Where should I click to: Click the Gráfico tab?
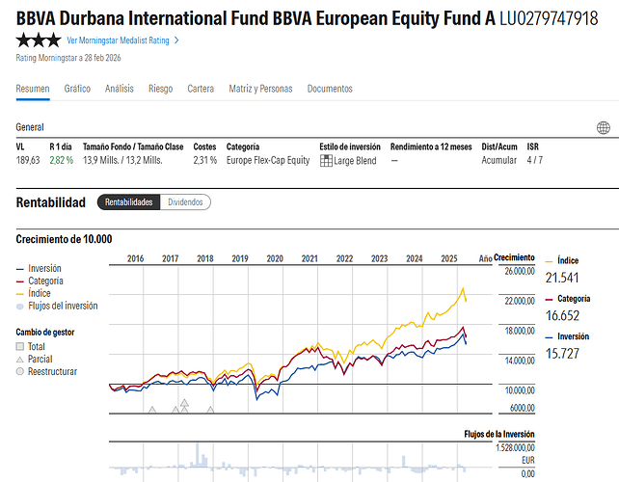coord(77,89)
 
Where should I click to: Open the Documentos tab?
coord(330,89)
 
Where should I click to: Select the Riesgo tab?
coord(161,89)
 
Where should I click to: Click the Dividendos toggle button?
coord(185,202)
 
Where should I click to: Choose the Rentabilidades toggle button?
coord(128,202)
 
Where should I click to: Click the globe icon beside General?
coord(604,127)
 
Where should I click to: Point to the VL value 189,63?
coord(28,160)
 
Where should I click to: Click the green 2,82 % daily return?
coord(62,160)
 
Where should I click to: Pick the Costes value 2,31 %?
coord(205,160)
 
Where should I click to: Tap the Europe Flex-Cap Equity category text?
coord(268,160)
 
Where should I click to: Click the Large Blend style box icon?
coord(326,160)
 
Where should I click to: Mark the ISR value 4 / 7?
coord(535,160)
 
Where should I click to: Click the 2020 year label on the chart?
coord(275,258)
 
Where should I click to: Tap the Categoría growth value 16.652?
coord(563,315)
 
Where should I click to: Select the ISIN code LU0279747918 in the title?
coord(549,18)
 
